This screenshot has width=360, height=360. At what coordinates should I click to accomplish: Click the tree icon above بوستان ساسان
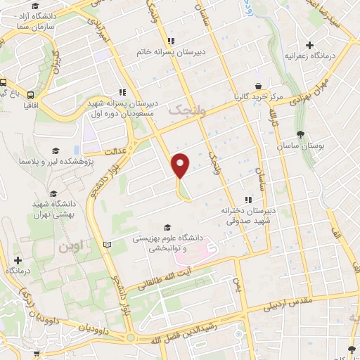[x=300, y=134]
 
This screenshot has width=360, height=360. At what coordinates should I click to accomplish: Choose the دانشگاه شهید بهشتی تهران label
[x=53, y=209]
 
